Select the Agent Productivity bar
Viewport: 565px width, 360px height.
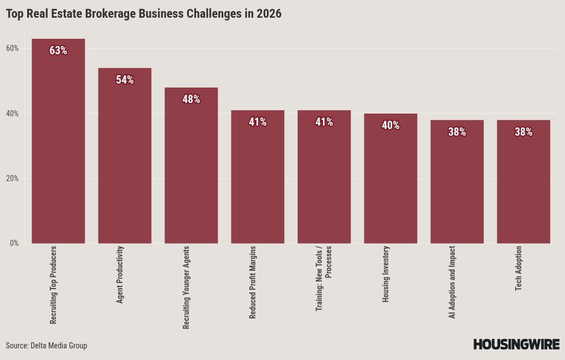coord(125,161)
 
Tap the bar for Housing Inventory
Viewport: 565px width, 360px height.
coord(391,183)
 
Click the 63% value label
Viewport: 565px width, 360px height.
coord(58,50)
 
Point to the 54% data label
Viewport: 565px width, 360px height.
coord(125,80)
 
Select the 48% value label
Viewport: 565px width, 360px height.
coord(191,99)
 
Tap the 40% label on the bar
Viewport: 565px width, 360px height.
coord(391,125)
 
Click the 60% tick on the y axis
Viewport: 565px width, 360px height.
coord(12,48)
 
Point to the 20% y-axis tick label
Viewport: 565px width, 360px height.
coord(12,178)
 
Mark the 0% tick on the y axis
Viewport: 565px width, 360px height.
coord(14,243)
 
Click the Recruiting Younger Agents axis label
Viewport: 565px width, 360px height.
coord(186,287)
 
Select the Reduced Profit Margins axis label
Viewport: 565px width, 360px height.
coord(253,282)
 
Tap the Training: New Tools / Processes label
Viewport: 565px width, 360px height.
coord(323,278)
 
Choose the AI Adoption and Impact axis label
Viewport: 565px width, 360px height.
coord(452,282)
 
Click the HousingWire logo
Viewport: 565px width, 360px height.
coord(516,344)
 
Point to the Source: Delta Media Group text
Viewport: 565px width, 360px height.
coord(47,346)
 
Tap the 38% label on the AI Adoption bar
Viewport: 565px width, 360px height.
coord(457,132)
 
